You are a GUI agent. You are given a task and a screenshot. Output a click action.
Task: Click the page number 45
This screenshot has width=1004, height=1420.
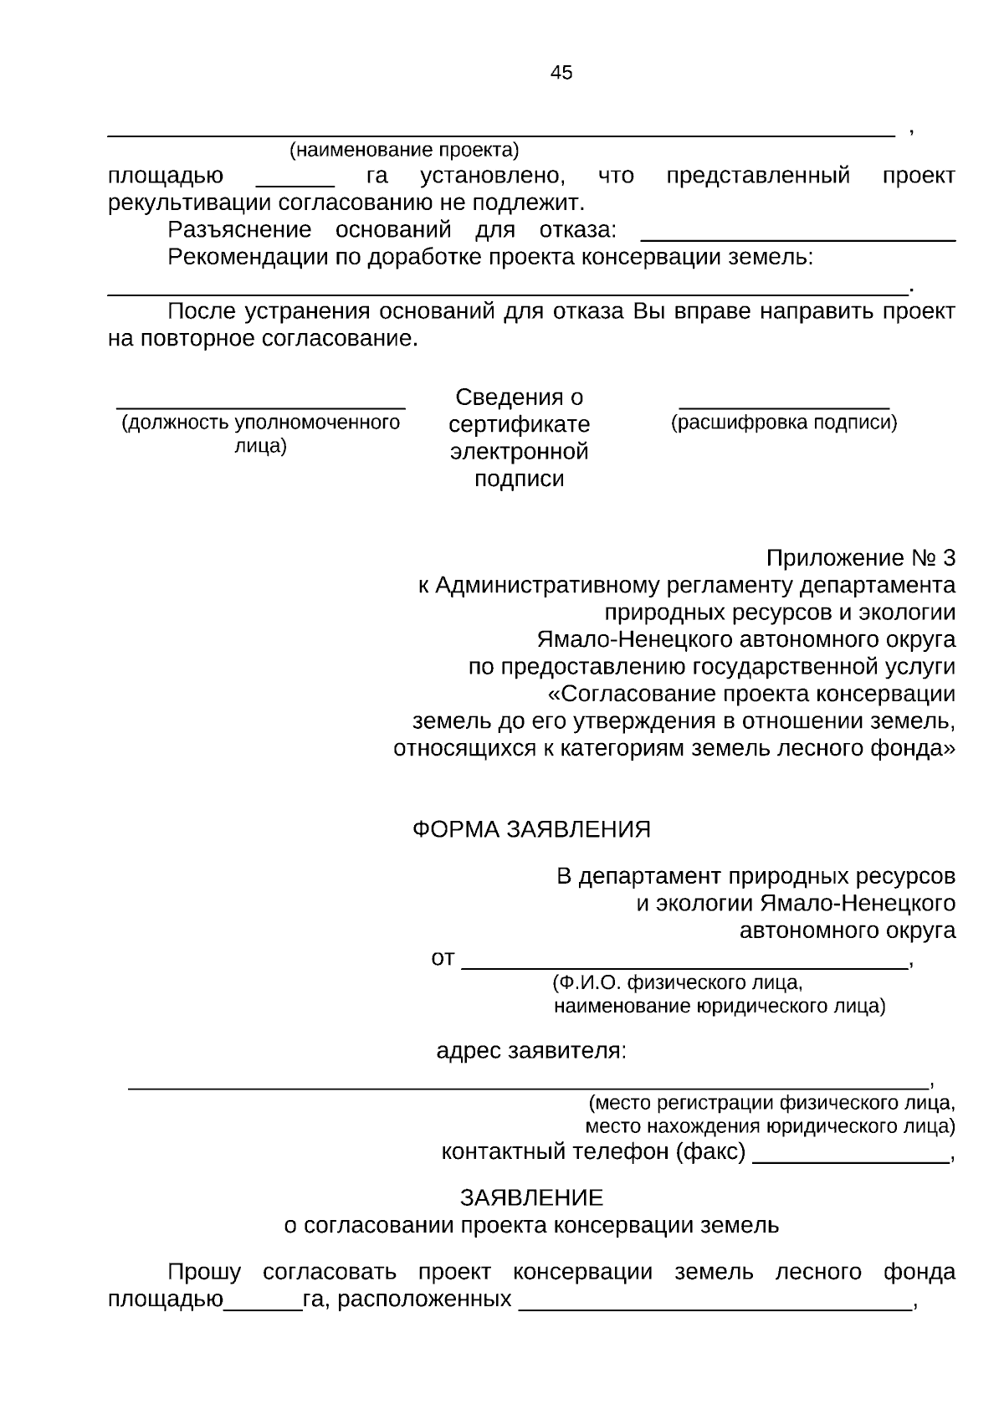pos(561,73)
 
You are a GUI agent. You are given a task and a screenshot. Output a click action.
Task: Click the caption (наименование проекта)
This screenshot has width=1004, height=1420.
pos(404,151)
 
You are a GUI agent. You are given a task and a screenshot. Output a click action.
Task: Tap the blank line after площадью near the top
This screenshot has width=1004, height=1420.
pos(295,183)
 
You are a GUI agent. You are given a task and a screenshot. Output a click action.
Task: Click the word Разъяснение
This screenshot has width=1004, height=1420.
pos(239,229)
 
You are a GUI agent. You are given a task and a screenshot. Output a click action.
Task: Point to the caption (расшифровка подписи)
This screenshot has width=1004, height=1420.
pos(784,423)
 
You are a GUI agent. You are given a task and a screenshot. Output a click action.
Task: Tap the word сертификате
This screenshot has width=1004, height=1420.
pos(519,424)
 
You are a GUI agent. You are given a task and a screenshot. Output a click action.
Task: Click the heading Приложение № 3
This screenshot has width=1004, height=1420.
pos(861,558)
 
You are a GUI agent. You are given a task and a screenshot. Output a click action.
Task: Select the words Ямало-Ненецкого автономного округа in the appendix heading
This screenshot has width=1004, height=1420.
pos(745,640)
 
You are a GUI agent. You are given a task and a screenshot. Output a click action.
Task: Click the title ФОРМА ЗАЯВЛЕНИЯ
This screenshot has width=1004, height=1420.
pos(531,829)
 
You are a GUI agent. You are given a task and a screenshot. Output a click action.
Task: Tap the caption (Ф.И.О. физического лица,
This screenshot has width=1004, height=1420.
pos(678,982)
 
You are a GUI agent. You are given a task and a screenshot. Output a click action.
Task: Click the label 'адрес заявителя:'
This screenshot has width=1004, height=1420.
pos(530,1050)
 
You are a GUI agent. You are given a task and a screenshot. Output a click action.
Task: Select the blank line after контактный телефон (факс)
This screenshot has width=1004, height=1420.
pos(850,1161)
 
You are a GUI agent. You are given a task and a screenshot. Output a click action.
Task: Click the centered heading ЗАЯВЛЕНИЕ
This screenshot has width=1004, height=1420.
pos(531,1198)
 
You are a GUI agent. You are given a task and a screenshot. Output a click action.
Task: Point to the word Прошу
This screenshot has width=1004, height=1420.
pos(204,1273)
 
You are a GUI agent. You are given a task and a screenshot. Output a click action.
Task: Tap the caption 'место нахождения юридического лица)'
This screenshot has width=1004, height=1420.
pos(770,1126)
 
